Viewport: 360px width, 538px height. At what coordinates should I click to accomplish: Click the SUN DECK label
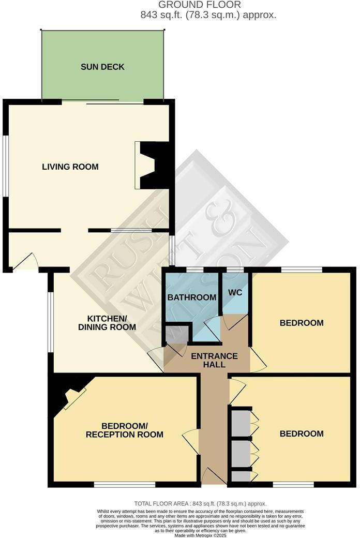pyautogui.click(x=102, y=67)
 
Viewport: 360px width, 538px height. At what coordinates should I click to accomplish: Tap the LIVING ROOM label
pyautogui.click(x=70, y=167)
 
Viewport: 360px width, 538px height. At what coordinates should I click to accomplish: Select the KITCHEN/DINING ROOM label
pyautogui.click(x=107, y=322)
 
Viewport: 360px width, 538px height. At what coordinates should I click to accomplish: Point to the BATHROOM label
pyautogui.click(x=191, y=297)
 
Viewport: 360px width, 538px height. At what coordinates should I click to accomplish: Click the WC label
pyautogui.click(x=234, y=292)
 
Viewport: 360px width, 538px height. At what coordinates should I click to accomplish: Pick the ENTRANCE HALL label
pyautogui.click(x=214, y=360)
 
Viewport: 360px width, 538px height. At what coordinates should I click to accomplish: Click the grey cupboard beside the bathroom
pyautogui.click(x=174, y=334)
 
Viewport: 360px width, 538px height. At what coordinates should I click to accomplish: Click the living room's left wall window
pyautogui.click(x=5, y=166)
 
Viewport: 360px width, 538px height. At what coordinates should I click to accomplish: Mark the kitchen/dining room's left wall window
pyautogui.click(x=50, y=323)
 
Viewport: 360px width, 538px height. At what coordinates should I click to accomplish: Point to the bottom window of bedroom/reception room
pyautogui.click(x=125, y=485)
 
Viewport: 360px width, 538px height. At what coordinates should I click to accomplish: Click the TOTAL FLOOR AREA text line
pyautogui.click(x=200, y=503)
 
